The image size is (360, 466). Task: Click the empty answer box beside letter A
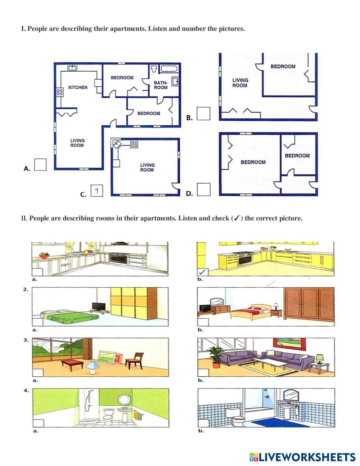click(40, 165)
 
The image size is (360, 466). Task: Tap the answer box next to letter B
click(203, 113)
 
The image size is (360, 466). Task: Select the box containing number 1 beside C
click(96, 191)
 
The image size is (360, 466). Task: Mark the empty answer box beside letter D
click(203, 189)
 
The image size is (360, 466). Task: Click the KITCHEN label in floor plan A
click(78, 88)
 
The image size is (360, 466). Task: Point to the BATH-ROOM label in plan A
click(161, 85)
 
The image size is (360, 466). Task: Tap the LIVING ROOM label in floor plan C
click(147, 167)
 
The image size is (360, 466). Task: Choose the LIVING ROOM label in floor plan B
click(240, 83)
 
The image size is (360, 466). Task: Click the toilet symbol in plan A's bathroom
click(154, 69)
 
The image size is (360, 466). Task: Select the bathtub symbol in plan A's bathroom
click(169, 69)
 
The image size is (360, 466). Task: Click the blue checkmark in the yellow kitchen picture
click(202, 272)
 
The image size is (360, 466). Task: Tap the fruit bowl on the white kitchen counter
click(44, 255)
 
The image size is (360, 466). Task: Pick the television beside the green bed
click(99, 307)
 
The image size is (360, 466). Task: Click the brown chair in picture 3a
click(134, 361)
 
